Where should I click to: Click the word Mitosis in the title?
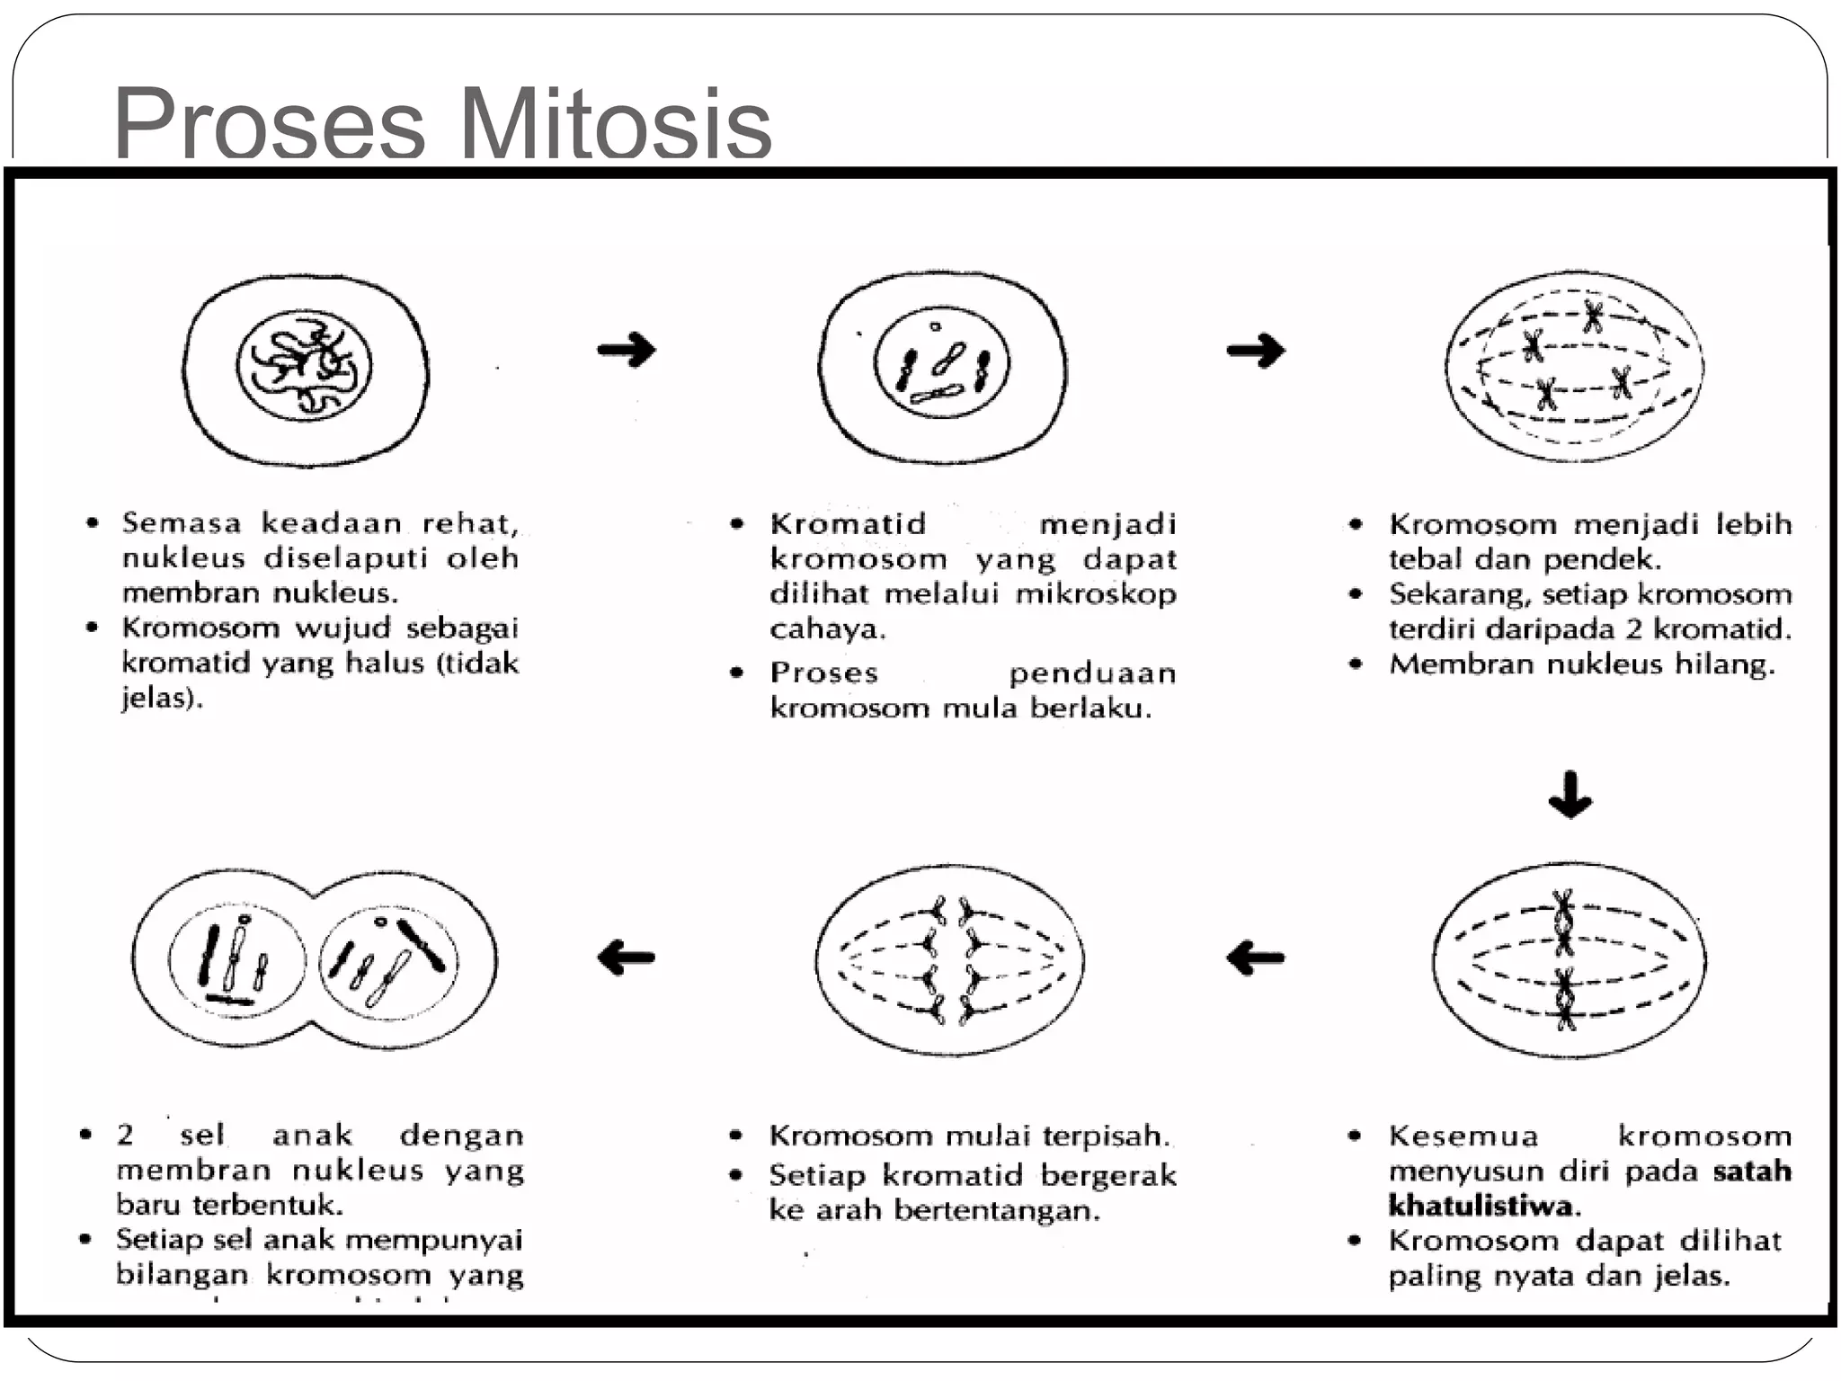coord(616,124)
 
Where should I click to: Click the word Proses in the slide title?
coord(269,124)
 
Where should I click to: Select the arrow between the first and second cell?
coord(627,349)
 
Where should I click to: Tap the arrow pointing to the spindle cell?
coord(1256,350)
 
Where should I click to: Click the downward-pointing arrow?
coord(1570,795)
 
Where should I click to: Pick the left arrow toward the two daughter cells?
coord(627,958)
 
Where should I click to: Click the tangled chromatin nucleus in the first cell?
coord(304,369)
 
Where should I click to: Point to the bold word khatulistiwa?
coord(1482,1206)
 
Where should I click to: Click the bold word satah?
coord(1752,1171)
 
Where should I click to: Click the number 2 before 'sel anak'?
coord(125,1136)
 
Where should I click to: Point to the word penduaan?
coord(1091,673)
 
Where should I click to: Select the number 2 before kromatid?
coord(1633,629)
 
